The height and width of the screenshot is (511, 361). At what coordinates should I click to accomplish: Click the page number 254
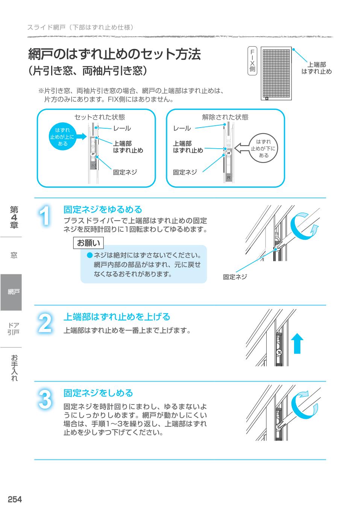[x=15, y=499]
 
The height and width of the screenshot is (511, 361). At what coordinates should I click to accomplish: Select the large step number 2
[x=45, y=323]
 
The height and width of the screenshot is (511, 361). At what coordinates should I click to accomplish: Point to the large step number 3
[x=45, y=399]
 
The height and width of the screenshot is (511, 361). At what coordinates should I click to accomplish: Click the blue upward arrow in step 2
[x=297, y=344]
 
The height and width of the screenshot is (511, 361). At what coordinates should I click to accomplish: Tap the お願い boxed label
[x=88, y=243]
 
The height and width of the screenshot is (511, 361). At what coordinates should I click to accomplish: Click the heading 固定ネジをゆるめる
[x=103, y=209]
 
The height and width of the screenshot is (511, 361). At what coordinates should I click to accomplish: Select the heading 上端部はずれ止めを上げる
[x=117, y=317]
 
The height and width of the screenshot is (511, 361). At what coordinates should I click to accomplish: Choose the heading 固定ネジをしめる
[x=98, y=393]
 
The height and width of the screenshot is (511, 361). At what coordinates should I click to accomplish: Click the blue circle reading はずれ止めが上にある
[x=62, y=137]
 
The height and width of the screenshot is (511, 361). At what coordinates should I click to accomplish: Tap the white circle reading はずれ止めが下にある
[x=263, y=148]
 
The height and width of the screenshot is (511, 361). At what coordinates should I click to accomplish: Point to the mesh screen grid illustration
[x=276, y=74]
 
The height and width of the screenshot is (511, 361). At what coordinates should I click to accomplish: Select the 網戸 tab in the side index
[x=11, y=292]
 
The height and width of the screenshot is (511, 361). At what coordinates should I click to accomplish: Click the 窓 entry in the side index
[x=14, y=255]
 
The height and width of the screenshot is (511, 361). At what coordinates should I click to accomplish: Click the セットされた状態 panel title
[x=99, y=117]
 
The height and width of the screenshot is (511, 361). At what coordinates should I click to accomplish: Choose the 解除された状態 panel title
[x=225, y=117]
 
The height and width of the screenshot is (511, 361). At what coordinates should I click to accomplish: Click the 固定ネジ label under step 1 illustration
[x=235, y=277]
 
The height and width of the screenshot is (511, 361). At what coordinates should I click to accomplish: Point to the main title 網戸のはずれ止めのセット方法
[x=115, y=55]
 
